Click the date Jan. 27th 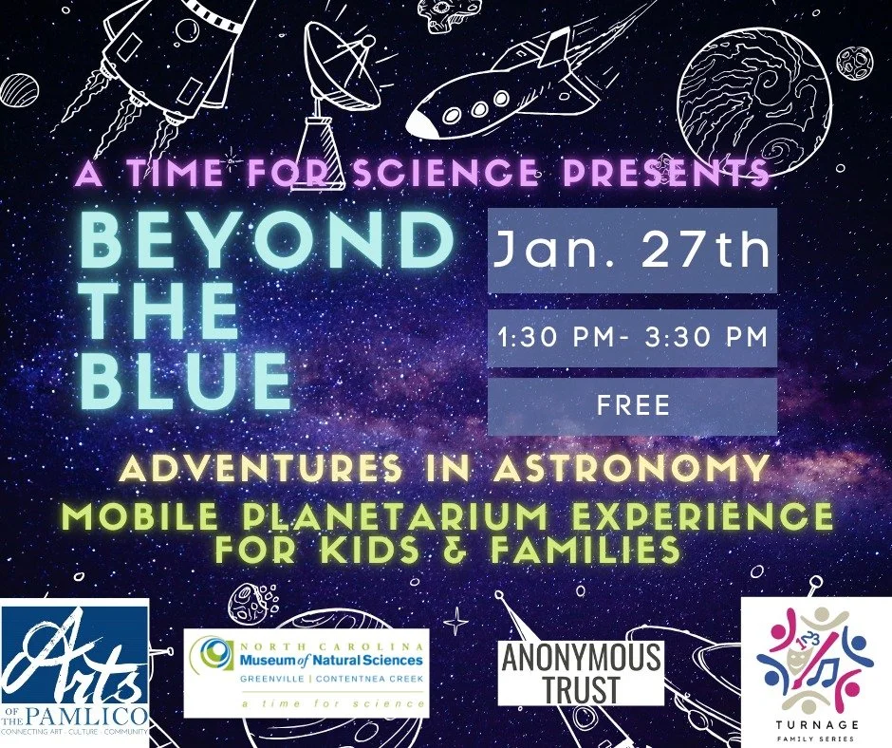(632, 251)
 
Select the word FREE (632, 406)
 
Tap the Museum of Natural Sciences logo (306, 672)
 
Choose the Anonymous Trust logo (581, 672)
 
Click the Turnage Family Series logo (816, 670)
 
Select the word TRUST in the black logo (581, 690)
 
